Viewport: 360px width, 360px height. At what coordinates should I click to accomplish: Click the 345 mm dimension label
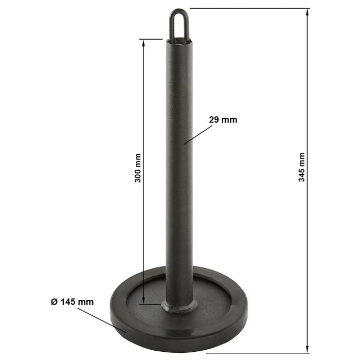tap(302, 167)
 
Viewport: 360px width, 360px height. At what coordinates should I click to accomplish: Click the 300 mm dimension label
tap(138, 168)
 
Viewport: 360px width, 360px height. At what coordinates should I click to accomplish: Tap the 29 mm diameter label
tap(223, 120)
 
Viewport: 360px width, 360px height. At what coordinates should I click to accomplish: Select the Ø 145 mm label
tap(73, 302)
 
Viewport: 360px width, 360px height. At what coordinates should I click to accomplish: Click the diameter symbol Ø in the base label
tap(54, 302)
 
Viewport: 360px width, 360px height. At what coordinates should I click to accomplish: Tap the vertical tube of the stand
tap(179, 180)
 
